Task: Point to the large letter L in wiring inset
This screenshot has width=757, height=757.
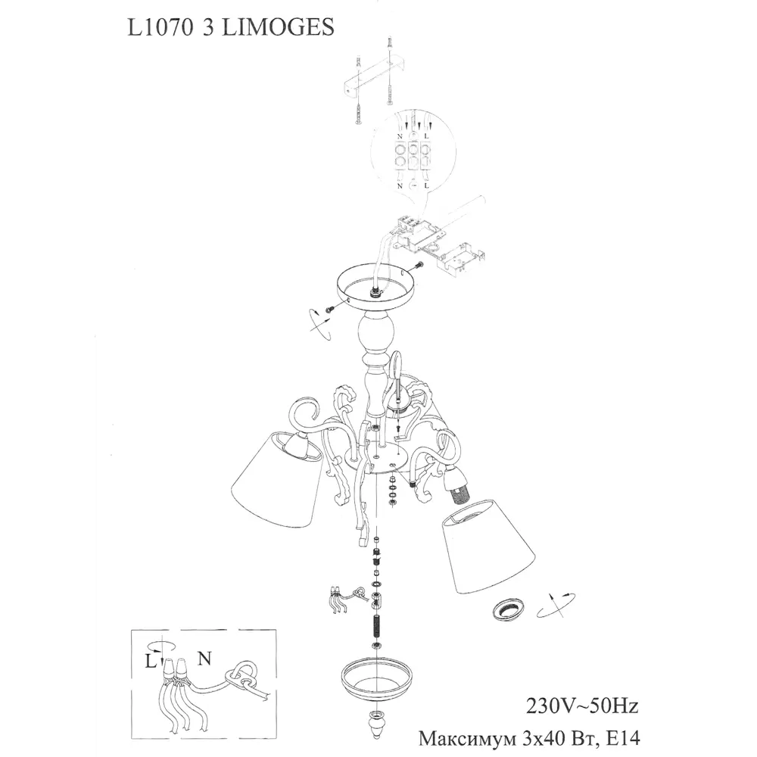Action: (x=151, y=661)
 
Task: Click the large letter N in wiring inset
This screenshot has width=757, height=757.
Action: (x=204, y=659)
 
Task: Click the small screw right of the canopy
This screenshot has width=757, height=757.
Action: (x=419, y=265)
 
